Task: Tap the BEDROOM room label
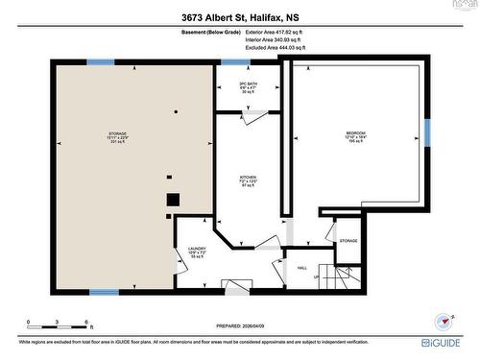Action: (354, 134)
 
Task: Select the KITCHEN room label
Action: (250, 180)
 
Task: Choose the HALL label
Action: (301, 268)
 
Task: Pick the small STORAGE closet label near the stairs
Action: (348, 241)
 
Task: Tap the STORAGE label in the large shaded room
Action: (117, 135)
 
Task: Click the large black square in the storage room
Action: (173, 200)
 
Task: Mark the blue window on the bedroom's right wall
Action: (428, 132)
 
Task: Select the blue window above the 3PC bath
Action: (235, 62)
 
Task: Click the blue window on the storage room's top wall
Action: (100, 62)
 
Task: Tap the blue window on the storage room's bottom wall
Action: (104, 291)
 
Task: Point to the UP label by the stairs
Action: (316, 278)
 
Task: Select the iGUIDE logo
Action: (446, 342)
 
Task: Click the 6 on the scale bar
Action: (87, 322)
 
